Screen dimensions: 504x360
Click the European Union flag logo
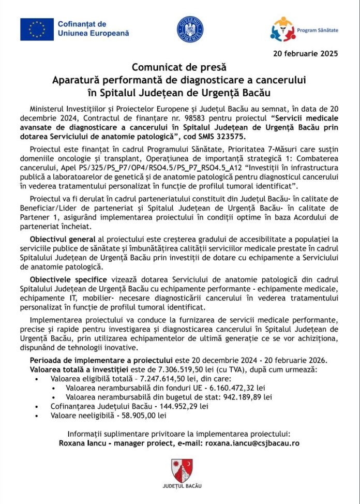click(37, 29)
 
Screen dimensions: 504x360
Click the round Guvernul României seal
click(190, 29)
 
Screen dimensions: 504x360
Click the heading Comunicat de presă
click(179, 67)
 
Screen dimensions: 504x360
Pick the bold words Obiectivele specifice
click(66, 279)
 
